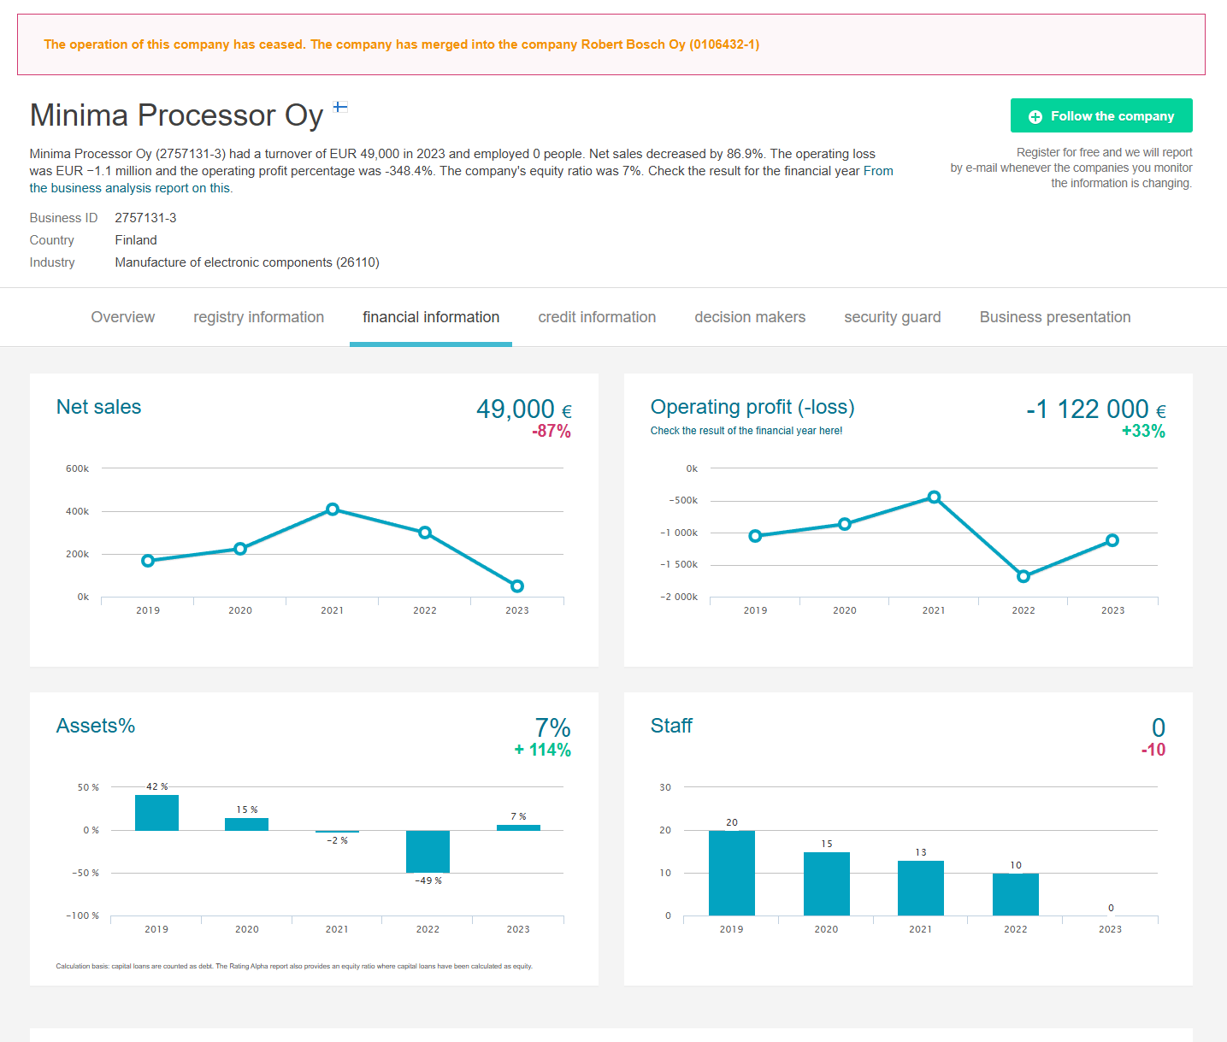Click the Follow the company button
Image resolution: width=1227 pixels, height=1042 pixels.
coord(1101,116)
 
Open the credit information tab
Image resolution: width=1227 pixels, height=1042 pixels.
coord(597,317)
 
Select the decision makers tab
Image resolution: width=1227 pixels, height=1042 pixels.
coord(750,317)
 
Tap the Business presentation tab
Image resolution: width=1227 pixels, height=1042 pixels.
coord(1054,317)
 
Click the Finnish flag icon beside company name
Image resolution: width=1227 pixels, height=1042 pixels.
coord(340,107)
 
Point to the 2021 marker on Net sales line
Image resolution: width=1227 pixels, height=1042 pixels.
coord(333,509)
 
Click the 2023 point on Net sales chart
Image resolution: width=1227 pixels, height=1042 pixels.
coord(517,586)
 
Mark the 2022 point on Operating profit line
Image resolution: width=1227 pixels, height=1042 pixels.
coord(1023,576)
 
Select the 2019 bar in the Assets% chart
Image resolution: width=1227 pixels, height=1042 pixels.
coord(156,813)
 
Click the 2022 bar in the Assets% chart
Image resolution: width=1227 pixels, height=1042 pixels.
coord(428,851)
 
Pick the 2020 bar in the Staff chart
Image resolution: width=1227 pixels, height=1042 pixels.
coord(826,884)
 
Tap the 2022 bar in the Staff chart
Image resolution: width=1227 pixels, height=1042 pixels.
coord(1015,894)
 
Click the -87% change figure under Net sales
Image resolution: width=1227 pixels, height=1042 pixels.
coord(552,432)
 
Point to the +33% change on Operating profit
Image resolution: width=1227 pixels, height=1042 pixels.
coord(1143,432)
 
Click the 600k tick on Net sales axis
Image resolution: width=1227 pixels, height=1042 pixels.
coord(77,468)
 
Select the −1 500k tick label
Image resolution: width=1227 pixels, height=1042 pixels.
coord(679,565)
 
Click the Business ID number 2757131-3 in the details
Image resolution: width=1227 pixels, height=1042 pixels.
coord(145,218)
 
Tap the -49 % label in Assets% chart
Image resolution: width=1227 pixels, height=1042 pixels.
coord(428,880)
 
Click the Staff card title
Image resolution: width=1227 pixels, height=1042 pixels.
coord(671,726)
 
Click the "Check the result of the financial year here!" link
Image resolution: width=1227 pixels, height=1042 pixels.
coord(746,431)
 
